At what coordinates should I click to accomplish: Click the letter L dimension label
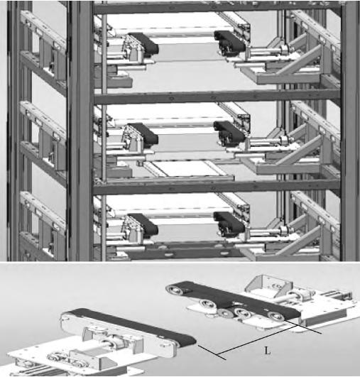coord(267,351)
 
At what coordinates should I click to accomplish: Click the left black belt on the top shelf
coord(143,43)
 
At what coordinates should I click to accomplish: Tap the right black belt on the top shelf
coord(229,40)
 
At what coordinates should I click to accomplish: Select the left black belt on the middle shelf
coord(143,133)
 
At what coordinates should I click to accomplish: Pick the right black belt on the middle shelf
coord(229,131)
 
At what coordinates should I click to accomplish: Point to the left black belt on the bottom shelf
coord(143,224)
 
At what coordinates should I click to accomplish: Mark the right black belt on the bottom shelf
coord(229,222)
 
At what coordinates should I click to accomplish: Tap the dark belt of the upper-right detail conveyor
coord(234,300)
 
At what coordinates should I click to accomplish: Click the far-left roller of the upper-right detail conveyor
coord(174,288)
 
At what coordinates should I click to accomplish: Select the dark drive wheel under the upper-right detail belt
coord(224,313)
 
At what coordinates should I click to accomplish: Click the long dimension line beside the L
coord(256,340)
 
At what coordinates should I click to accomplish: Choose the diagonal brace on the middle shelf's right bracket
coord(298,151)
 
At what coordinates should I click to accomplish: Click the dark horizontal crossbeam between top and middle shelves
coord(217,97)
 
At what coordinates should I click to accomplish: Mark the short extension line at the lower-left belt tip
coord(212,352)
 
